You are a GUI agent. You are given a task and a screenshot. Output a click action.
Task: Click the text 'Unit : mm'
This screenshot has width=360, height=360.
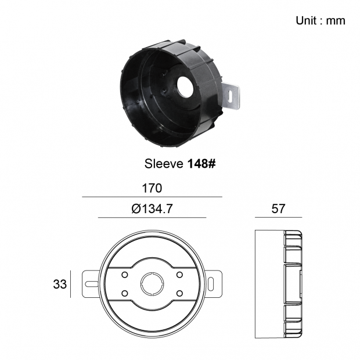321,21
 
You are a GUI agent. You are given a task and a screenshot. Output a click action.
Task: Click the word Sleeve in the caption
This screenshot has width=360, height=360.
164,164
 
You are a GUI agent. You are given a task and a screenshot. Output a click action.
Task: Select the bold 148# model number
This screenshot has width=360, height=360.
201,164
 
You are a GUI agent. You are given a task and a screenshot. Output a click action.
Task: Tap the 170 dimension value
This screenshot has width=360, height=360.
152,188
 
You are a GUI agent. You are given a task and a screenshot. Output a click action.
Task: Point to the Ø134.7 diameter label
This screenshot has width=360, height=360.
152,208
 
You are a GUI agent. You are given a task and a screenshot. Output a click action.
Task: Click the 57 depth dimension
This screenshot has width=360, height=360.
278,208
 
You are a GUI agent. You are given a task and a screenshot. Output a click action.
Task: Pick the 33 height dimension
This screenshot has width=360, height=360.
60,284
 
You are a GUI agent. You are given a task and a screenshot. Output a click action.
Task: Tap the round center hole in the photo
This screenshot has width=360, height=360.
185,87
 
